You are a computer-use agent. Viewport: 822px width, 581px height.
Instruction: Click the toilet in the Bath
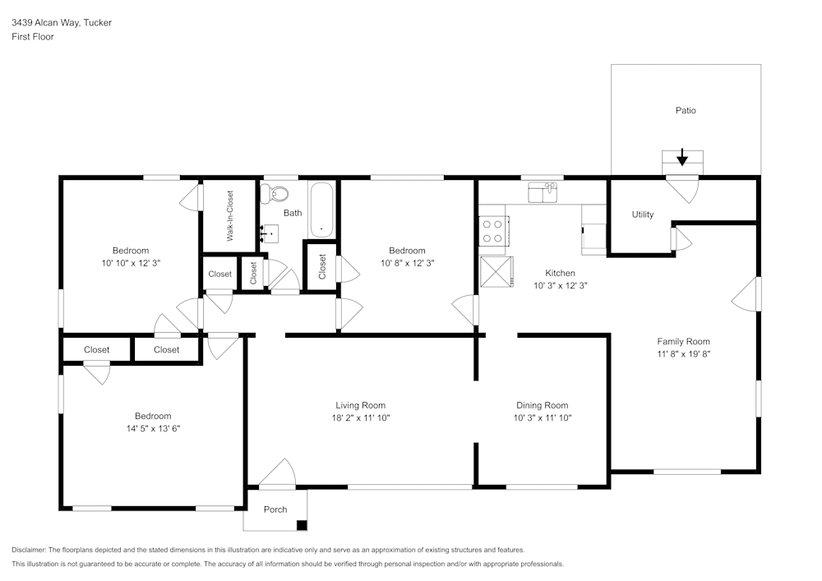[x=275, y=194]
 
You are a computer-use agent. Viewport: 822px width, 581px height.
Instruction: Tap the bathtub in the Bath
[x=321, y=210]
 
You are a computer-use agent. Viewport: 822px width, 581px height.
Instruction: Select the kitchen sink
[x=543, y=192]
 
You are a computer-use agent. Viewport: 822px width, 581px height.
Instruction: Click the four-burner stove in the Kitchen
[x=493, y=231]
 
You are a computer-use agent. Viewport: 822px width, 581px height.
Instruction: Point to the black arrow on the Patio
[x=682, y=157]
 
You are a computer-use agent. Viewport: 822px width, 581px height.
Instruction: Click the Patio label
[x=686, y=111]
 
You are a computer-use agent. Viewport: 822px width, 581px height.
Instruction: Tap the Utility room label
[x=643, y=214]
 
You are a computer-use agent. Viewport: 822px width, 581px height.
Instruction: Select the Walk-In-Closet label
[x=229, y=216]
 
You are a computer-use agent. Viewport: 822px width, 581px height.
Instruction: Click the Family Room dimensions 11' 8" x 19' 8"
[x=684, y=353]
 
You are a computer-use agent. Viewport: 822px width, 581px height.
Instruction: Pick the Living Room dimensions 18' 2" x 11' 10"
[x=361, y=417]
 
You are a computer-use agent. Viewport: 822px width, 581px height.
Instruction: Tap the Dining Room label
[x=542, y=405]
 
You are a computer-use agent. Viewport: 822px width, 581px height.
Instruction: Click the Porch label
[x=275, y=510]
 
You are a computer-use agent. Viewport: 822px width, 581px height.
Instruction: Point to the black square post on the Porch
[x=302, y=525]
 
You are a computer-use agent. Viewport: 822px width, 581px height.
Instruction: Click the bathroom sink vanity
[x=270, y=233]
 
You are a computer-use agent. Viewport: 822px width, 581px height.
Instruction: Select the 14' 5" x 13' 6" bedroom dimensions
[x=153, y=428]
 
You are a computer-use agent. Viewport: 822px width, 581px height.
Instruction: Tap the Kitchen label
[x=560, y=273]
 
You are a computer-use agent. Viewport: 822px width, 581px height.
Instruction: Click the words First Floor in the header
[x=33, y=37]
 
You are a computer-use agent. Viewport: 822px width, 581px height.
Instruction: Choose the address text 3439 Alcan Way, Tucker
[x=62, y=22]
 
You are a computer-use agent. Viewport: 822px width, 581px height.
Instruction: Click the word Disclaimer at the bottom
[x=29, y=550]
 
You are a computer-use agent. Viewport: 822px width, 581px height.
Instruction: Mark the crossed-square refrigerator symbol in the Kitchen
[x=496, y=272]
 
